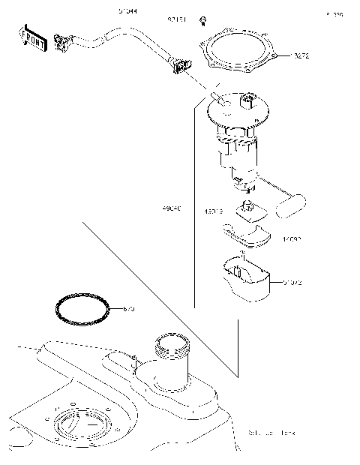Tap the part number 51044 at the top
point(127,12)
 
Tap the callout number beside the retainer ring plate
point(303,56)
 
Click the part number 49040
point(170,206)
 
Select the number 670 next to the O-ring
point(127,309)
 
